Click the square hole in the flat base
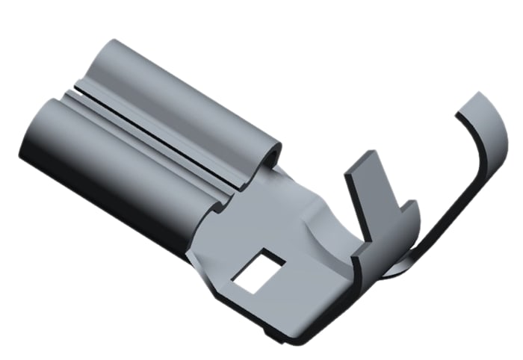pyautogui.click(x=259, y=270)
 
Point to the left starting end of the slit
pyautogui.click(x=71, y=93)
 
